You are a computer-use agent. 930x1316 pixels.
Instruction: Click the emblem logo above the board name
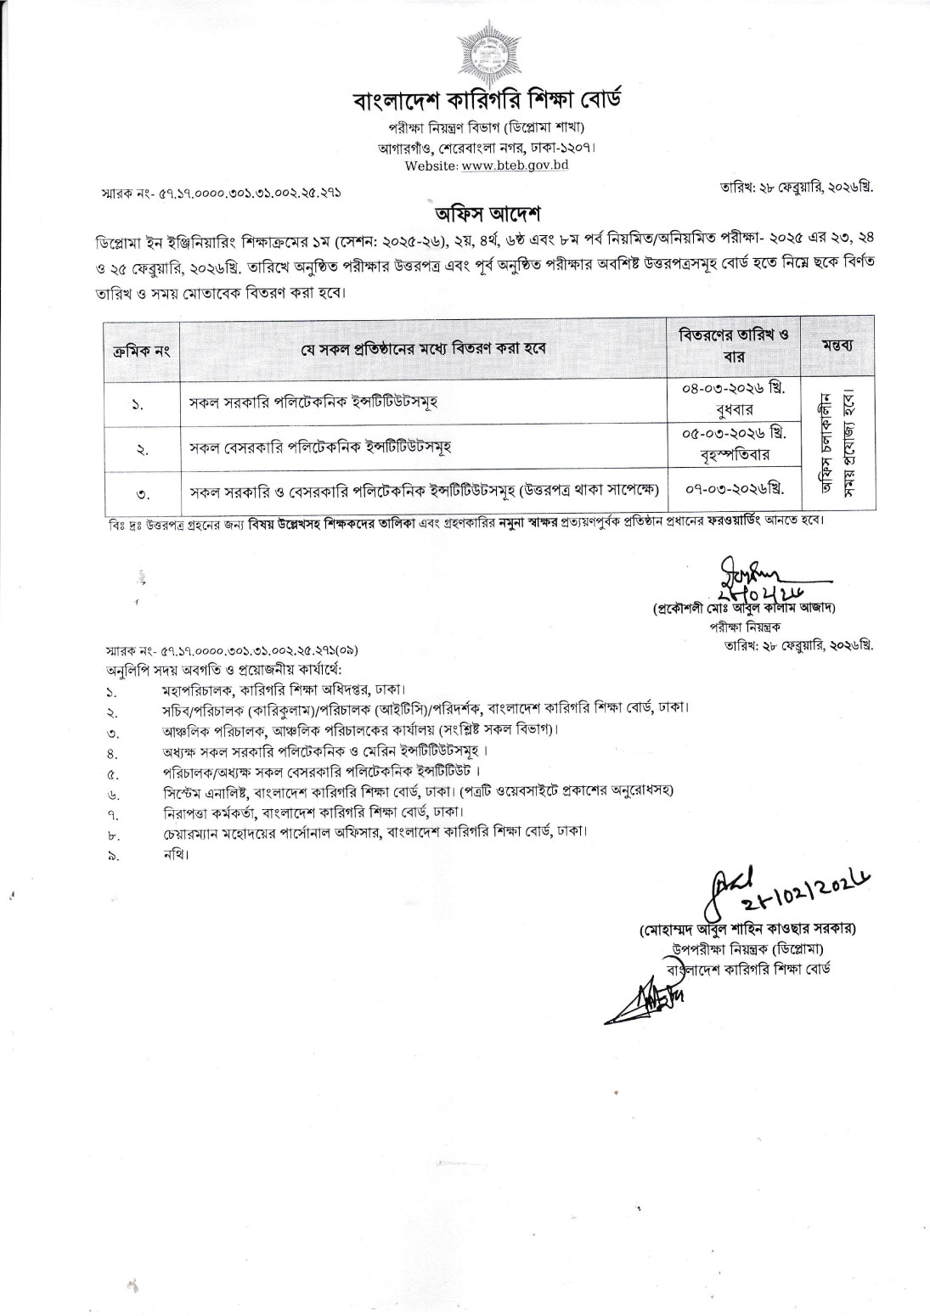tap(487, 52)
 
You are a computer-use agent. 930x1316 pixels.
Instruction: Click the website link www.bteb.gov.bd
tap(515, 165)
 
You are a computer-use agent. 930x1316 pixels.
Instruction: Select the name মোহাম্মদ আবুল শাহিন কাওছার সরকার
tap(747, 928)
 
